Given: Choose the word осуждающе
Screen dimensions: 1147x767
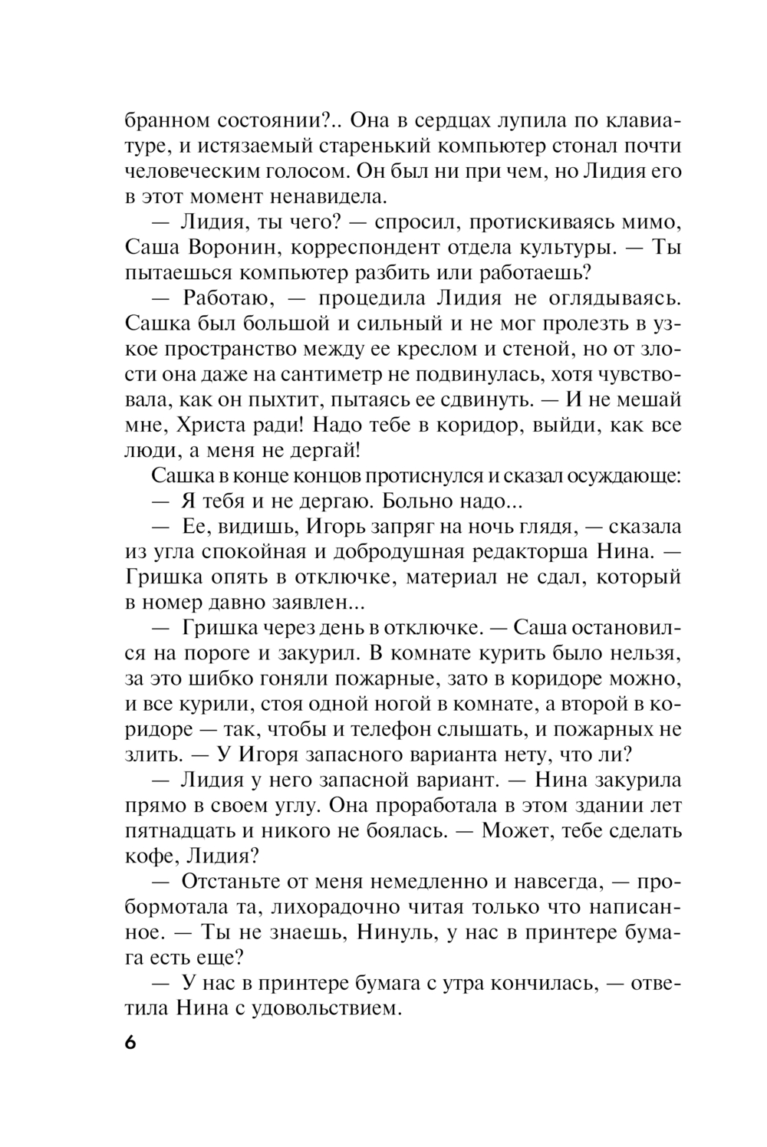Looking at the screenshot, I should tap(622, 475).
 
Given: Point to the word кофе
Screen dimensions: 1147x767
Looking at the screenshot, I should tap(144, 855).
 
